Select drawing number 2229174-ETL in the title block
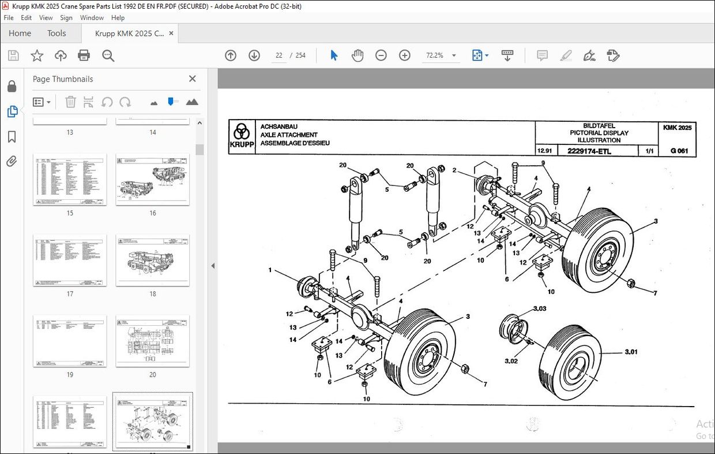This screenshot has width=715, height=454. [589, 152]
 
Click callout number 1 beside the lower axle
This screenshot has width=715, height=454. [270, 270]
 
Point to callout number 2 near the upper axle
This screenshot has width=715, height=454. [454, 170]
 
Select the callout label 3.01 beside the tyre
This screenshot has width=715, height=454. [631, 352]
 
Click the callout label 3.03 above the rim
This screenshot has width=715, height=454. [539, 309]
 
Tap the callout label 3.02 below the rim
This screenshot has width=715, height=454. [511, 361]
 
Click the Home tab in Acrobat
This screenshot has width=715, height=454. [20, 33]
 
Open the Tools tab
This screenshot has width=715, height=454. [57, 33]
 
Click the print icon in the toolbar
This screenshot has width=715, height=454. [84, 55]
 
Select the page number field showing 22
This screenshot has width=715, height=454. [279, 55]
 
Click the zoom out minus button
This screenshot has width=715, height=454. [381, 55]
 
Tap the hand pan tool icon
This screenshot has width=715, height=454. [357, 55]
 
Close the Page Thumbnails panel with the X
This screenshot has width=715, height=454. [193, 79]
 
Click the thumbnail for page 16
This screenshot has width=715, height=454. [153, 179]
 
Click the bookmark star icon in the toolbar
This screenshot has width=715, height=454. [37, 55]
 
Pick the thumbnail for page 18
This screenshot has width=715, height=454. [153, 260]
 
